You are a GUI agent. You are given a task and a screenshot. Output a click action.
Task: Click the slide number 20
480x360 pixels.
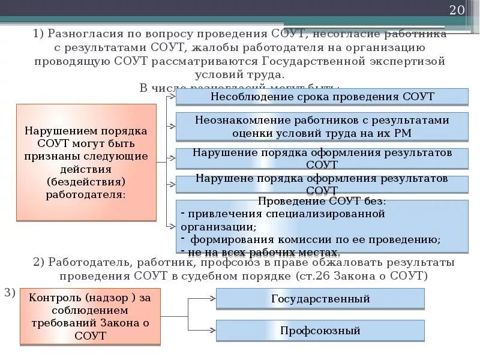457,11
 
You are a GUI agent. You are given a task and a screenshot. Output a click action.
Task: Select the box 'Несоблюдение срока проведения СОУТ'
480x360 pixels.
322,97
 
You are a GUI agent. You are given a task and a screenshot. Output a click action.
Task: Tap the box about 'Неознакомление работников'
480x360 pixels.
322,127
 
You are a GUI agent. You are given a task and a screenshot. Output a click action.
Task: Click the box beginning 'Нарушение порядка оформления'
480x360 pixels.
322,158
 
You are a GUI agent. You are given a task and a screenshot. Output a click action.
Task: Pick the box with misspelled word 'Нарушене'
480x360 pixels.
322,184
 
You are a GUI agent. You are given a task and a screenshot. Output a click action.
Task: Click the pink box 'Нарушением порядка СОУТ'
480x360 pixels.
86,162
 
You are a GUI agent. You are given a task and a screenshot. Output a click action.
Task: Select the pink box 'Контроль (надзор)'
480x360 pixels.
90,316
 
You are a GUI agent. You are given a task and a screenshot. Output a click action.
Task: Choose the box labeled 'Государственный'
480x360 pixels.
320,298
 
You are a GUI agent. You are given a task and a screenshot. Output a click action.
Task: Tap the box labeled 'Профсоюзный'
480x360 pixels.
320,330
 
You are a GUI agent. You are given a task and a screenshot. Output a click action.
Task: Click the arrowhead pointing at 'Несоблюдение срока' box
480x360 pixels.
173,96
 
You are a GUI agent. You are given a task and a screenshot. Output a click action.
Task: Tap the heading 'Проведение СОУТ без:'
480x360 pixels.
322,201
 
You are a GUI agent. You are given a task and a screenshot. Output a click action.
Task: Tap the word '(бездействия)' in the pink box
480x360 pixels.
86,181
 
